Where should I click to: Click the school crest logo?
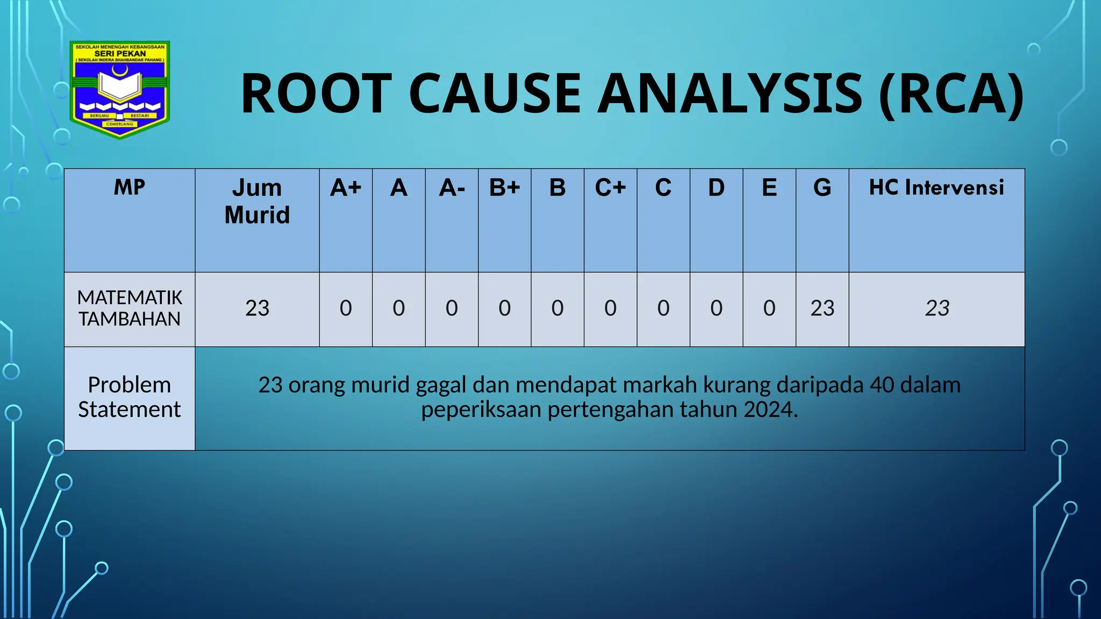tap(120, 89)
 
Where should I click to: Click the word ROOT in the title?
tap(316, 94)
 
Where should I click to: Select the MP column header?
tap(129, 188)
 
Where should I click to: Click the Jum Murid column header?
tap(257, 201)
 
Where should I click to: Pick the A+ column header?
tap(346, 188)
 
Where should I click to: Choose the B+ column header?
tap(504, 188)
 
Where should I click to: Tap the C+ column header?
tap(610, 188)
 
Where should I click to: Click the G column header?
tap(822, 188)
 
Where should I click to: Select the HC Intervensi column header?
tap(936, 188)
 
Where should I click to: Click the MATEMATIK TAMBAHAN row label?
tap(130, 308)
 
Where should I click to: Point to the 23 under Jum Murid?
tap(257, 308)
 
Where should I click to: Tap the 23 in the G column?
tap(822, 308)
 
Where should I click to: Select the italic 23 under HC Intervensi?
tap(937, 308)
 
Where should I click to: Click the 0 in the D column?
tap(716, 308)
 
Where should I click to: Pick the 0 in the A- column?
tap(452, 308)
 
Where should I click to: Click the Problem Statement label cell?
tap(129, 397)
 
